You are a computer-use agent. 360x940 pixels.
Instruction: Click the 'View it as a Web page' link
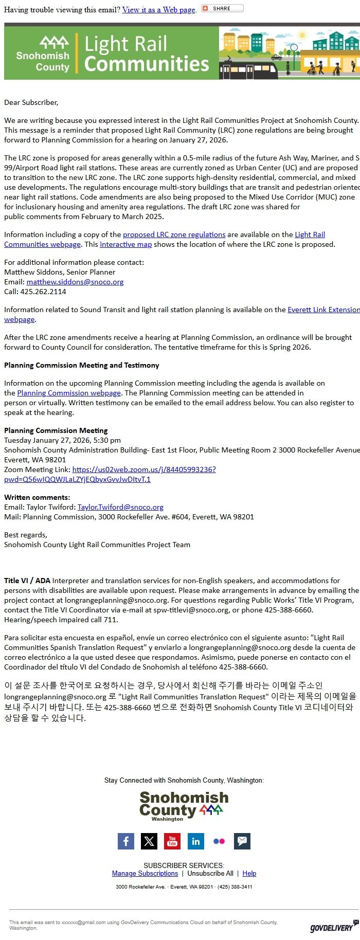pos(158,10)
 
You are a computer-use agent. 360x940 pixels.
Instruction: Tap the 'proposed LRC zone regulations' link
pos(174,234)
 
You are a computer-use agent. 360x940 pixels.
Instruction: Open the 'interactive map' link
pos(125,244)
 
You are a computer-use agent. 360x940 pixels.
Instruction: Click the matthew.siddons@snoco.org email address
pos(75,282)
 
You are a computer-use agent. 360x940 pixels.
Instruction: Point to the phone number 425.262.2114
pos(43,292)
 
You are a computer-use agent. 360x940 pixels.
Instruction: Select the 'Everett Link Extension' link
pos(323,310)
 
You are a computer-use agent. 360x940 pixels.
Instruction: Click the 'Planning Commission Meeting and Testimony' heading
pos(82,365)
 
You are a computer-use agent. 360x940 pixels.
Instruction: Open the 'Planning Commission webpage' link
pos(69,393)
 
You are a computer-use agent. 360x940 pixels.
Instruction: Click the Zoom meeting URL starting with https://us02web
pos(144,469)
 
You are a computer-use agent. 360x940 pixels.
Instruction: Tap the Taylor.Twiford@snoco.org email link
pos(120,507)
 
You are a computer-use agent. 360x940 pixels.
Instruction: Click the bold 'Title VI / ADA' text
pos(27,581)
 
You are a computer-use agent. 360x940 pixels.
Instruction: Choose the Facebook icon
pos(126,841)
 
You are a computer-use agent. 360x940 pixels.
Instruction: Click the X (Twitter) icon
pos(149,841)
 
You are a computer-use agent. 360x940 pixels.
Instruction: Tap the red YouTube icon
pos(172,841)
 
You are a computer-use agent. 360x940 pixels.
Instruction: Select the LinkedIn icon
pos(195,841)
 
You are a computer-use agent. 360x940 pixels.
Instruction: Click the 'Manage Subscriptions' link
pos(145,873)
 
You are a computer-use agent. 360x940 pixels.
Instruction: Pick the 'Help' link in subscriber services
pos(249,873)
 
